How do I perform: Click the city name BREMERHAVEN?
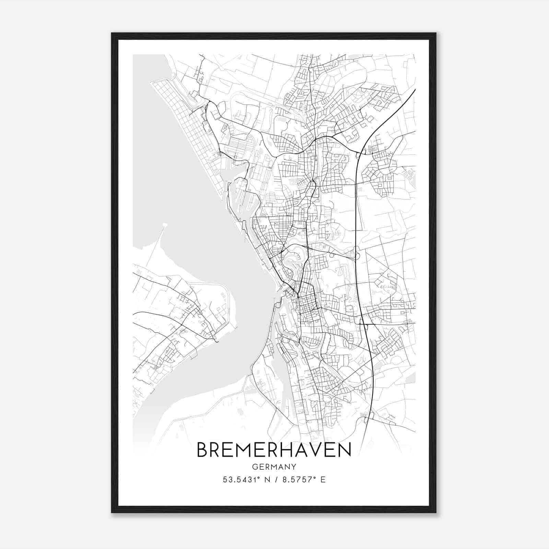(x=274, y=450)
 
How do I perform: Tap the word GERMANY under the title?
(x=274, y=467)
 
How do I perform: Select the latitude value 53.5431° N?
(x=245, y=480)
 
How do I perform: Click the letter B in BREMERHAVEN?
(x=203, y=450)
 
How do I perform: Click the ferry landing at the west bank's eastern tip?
(x=215, y=340)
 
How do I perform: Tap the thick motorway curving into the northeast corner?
(x=395, y=110)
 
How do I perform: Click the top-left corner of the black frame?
(x=112, y=33)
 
